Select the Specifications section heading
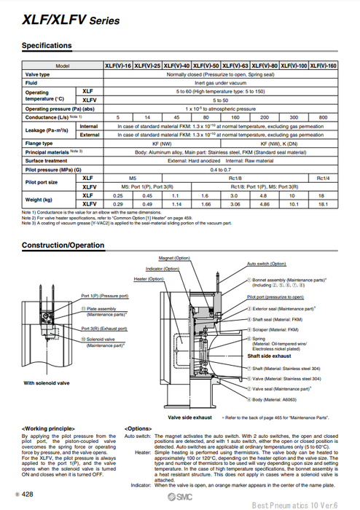point(47,46)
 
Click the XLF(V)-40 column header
point(176,65)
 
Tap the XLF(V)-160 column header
point(323,65)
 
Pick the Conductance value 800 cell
point(323,117)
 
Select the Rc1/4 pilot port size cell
point(323,178)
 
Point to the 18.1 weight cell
point(323,205)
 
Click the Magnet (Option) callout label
point(173,259)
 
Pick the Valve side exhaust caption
point(190,417)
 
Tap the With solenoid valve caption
point(47,382)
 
